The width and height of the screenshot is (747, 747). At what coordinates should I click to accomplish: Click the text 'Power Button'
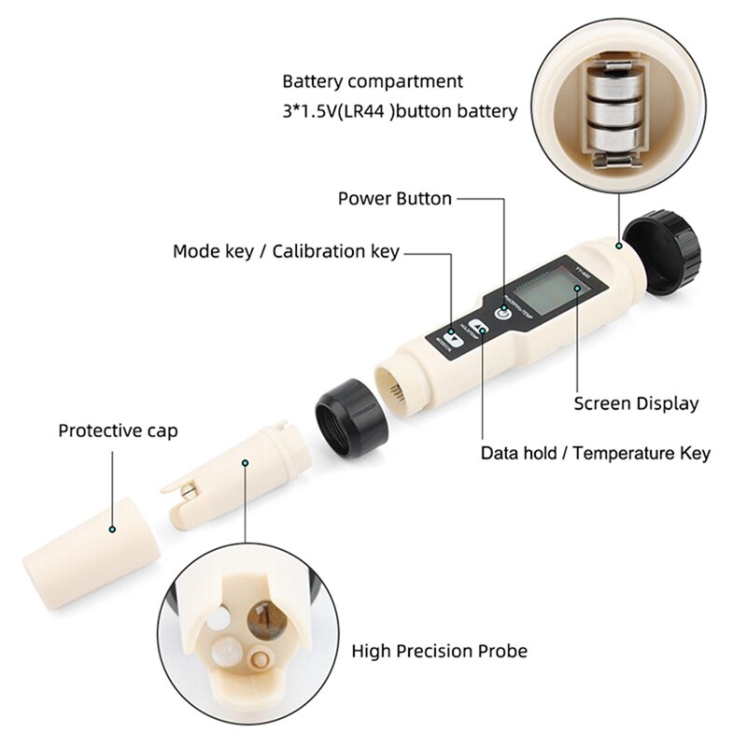pyautogui.click(x=394, y=198)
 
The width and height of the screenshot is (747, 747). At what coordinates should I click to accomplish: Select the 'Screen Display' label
pyautogui.click(x=636, y=403)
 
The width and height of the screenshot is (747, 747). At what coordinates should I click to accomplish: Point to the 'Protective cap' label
pyautogui.click(x=118, y=430)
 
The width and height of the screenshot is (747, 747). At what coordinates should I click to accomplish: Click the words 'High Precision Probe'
pyautogui.click(x=439, y=651)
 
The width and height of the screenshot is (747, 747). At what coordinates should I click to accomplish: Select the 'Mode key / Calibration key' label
pyautogui.click(x=286, y=251)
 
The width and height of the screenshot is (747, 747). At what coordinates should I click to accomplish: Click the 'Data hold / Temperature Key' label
pyautogui.click(x=595, y=453)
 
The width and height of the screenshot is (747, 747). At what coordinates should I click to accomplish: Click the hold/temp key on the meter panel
pyautogui.click(x=479, y=329)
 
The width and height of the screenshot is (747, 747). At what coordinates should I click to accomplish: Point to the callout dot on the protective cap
pyautogui.click(x=113, y=529)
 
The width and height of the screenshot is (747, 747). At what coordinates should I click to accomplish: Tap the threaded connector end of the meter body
pyautogui.click(x=397, y=383)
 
